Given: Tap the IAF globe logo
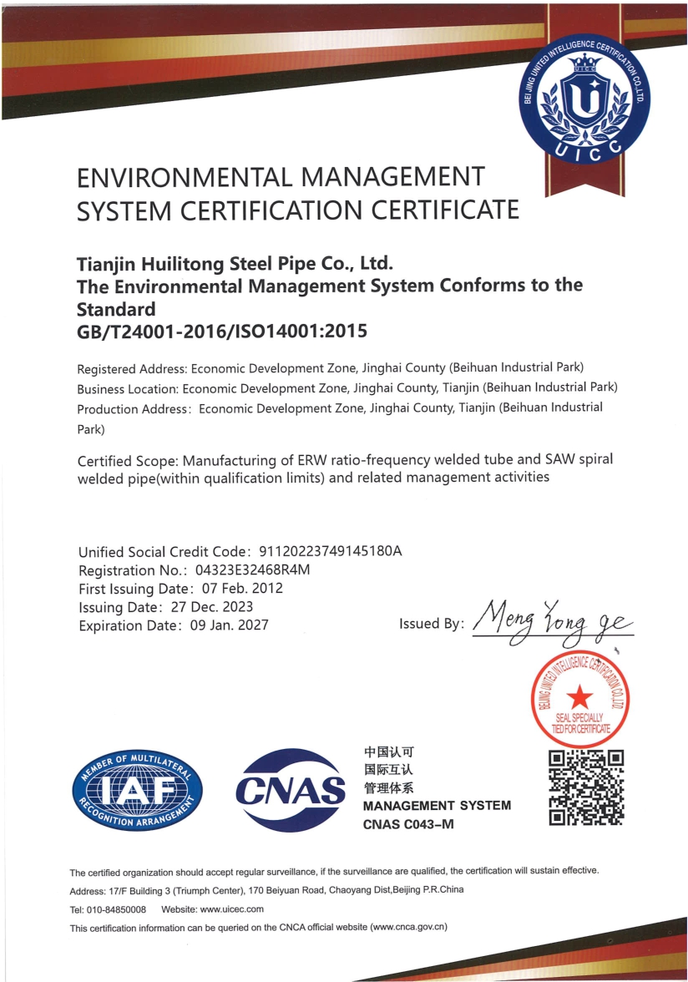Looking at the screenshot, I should [x=138, y=788].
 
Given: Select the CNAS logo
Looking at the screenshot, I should [x=291, y=789].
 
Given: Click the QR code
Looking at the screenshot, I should [x=586, y=787].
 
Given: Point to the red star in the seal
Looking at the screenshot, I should [x=579, y=696].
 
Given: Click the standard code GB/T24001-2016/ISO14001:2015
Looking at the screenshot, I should [x=221, y=332].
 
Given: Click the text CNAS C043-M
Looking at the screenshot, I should [x=408, y=825].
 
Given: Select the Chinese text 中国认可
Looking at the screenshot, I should [x=389, y=751].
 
